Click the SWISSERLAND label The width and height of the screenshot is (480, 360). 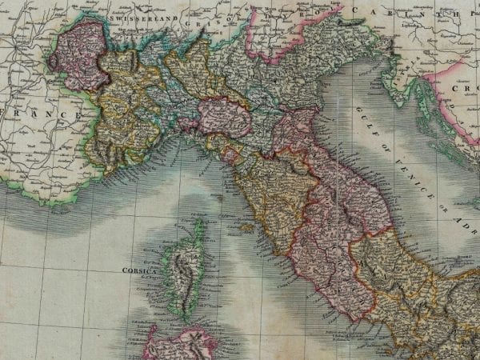coord(144,18)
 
